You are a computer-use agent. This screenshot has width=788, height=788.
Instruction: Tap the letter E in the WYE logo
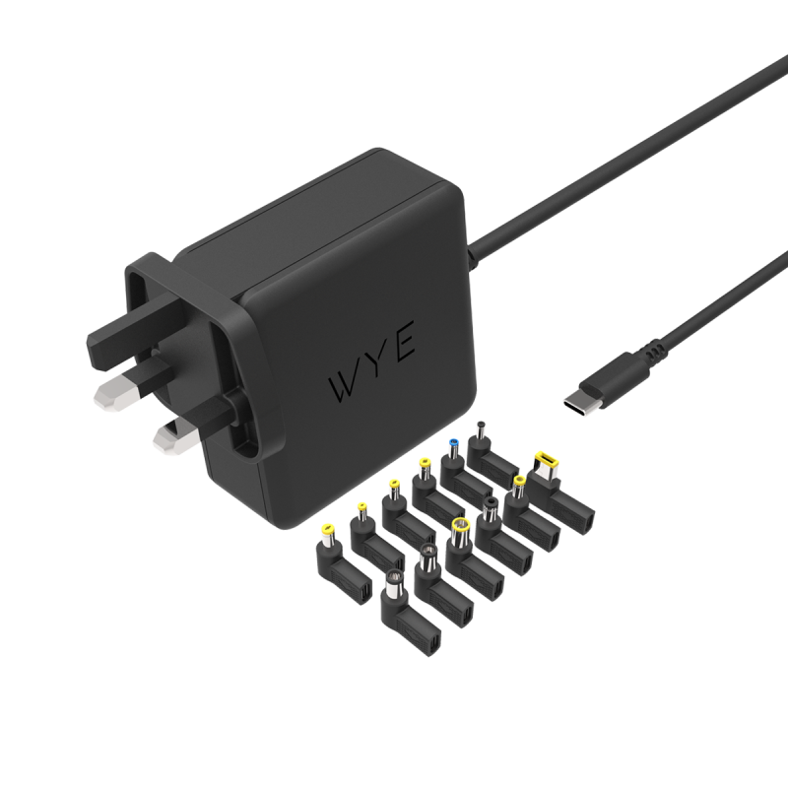[x=404, y=342]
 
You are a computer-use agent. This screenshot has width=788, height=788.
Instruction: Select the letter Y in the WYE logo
[x=375, y=361]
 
